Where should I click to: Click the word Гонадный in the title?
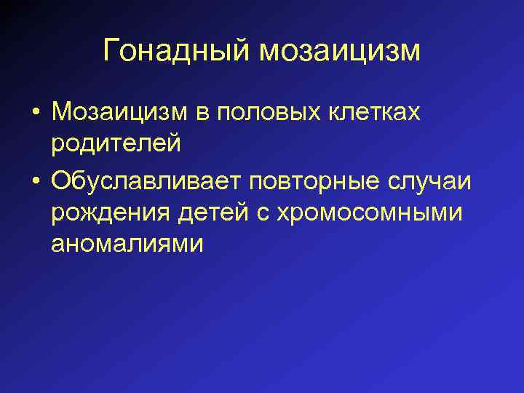(177, 50)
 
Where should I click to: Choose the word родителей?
(116, 143)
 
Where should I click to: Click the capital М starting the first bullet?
(61, 114)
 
